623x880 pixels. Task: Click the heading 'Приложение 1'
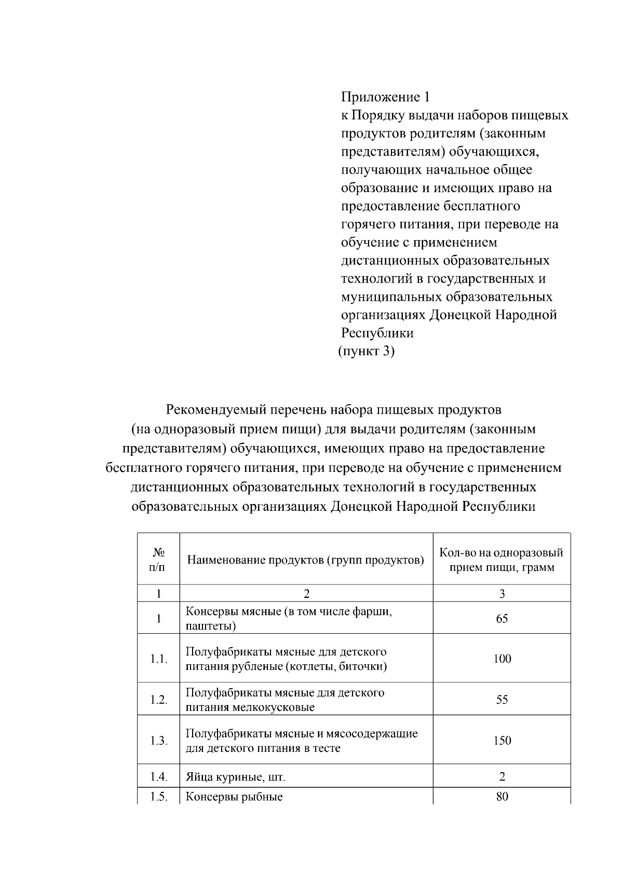point(385,97)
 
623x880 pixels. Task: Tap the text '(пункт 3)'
point(366,351)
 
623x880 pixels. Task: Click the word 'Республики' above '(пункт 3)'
point(377,333)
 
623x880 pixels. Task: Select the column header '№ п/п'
point(158,560)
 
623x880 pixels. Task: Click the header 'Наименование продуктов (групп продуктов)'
point(306,560)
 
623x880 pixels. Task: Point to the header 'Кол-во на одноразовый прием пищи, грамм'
point(502,560)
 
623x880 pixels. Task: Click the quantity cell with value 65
point(502,618)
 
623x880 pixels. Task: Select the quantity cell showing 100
point(502,659)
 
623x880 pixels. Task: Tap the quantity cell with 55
point(502,700)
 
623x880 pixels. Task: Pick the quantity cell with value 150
point(502,741)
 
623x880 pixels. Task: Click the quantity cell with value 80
point(502,797)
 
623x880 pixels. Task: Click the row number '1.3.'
point(159,741)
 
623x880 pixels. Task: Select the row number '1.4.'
point(159,777)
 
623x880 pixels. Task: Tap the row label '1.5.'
point(159,797)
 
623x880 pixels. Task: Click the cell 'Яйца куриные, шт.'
point(236,777)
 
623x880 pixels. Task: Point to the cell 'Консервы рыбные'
point(234,797)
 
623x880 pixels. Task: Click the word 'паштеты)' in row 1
point(211,626)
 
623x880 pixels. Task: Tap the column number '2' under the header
point(306,594)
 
